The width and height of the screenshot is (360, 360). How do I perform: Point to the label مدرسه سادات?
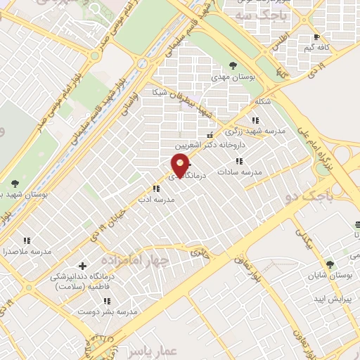click(239, 172)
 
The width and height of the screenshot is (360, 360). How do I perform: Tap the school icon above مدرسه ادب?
click(156, 188)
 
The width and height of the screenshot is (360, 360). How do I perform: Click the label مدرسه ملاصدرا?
click(27, 251)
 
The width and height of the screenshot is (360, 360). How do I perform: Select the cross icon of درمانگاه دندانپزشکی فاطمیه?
click(83, 266)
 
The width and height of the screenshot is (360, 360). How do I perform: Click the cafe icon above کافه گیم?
click(317, 37)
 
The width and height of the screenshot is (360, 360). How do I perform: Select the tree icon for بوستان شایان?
click(330, 264)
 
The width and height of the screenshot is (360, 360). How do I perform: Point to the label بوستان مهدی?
click(232, 78)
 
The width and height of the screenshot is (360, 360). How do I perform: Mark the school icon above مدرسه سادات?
click(239, 161)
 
